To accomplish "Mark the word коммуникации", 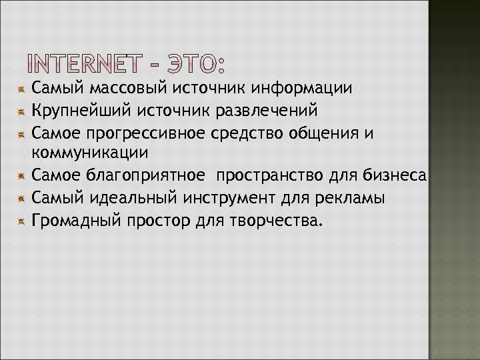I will click(90, 153).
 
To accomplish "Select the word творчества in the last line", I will click(273, 220).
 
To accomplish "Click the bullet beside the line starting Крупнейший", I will click(22, 110).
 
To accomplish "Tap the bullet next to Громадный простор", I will click(22, 220).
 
